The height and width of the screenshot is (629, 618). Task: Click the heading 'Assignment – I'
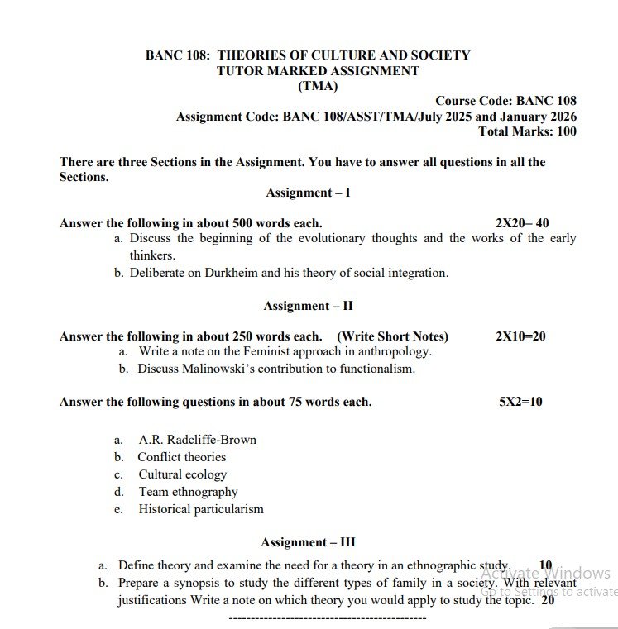[308, 193]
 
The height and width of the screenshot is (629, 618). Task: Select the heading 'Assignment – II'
[308, 306]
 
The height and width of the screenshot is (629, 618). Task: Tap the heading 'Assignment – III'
[308, 542]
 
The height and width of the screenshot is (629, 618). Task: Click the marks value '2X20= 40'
[522, 223]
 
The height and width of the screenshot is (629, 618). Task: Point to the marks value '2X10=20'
[520, 336]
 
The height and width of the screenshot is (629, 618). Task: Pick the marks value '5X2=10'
[520, 402]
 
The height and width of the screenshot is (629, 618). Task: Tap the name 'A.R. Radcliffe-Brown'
[197, 440]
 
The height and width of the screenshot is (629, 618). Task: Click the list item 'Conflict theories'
[181, 457]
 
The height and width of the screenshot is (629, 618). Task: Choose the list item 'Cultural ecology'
[182, 474]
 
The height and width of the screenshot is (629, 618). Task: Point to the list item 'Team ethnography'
[188, 492]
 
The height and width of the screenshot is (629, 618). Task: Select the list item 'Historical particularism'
[201, 509]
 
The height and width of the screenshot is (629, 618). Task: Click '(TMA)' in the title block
[318, 86]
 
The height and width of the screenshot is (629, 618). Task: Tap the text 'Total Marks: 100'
[527, 131]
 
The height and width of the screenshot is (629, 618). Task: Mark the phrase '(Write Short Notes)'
[392, 336]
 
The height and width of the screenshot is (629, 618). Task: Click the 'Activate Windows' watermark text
[546, 574]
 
